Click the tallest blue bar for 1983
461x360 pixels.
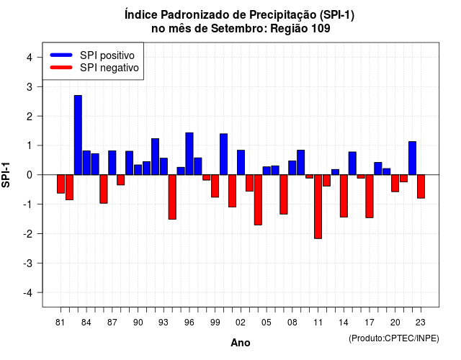(x=78, y=135)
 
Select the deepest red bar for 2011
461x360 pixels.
(x=318, y=207)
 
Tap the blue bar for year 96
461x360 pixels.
(x=189, y=153)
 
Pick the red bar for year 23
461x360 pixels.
(x=421, y=186)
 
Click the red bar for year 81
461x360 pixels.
(x=61, y=184)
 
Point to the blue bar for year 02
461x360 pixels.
(x=241, y=163)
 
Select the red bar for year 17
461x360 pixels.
(x=370, y=197)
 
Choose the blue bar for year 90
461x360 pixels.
(x=138, y=170)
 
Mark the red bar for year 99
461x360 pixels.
(x=215, y=186)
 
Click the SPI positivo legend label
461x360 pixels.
(x=107, y=55)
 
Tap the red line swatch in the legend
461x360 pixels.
(x=61, y=68)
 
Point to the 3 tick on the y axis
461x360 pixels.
(x=39, y=86)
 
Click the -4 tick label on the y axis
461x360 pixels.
(x=28, y=293)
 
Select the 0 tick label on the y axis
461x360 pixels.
(x=30, y=175)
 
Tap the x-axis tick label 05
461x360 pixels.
(x=266, y=323)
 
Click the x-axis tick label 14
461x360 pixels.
(x=343, y=323)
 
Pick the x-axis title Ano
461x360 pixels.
(x=241, y=343)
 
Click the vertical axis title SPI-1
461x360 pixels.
(x=6, y=175)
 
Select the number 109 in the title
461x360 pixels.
(x=321, y=29)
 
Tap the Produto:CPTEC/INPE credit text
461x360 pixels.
(x=394, y=338)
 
